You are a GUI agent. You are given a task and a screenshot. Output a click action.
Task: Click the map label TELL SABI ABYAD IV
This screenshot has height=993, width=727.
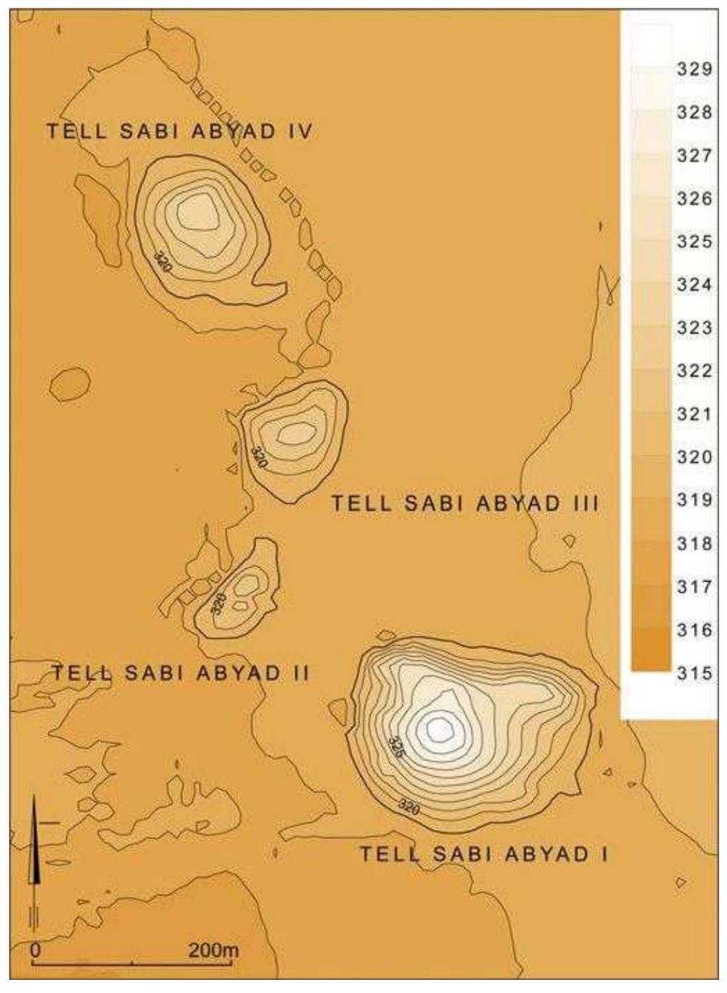(x=178, y=131)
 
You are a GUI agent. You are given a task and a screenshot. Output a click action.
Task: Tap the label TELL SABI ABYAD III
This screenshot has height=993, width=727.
(x=465, y=504)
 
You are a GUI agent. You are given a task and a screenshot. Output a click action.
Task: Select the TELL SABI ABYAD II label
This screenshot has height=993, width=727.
(x=181, y=673)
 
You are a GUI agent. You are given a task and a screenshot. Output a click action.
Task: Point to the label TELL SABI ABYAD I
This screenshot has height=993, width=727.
(x=483, y=854)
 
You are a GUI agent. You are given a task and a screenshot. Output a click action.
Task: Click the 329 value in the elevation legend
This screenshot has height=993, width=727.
(x=693, y=70)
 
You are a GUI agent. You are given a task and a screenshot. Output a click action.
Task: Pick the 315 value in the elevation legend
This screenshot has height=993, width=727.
(x=693, y=673)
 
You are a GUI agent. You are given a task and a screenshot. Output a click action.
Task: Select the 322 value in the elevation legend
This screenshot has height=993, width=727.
(x=693, y=372)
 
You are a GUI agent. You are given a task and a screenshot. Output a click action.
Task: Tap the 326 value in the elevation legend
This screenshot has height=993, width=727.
(x=693, y=199)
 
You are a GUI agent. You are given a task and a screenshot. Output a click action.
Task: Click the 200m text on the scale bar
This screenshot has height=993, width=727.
(x=213, y=951)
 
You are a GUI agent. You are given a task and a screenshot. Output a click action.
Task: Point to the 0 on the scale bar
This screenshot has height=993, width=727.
(x=36, y=951)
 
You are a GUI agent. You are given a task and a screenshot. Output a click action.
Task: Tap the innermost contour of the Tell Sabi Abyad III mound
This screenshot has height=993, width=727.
(x=296, y=433)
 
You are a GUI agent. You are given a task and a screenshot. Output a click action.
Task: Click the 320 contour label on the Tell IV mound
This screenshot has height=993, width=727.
(x=162, y=262)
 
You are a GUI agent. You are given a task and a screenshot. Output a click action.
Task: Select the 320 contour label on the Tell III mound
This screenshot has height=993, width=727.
(x=258, y=457)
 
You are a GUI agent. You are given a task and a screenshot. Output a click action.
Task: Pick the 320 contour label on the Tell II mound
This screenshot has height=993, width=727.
(x=219, y=603)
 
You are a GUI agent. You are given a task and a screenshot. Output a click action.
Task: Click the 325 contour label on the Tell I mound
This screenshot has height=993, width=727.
(x=396, y=747)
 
